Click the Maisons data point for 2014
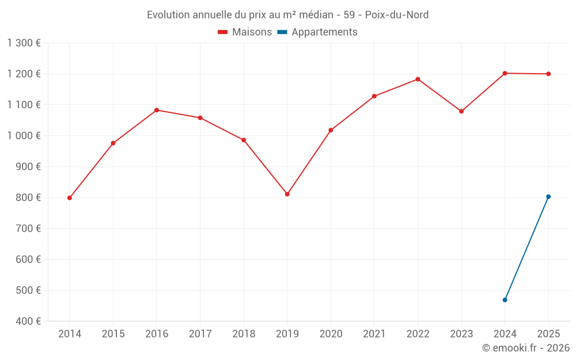(70, 198)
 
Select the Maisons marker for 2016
(157, 110)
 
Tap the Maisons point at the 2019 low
(287, 194)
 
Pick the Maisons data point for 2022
(418, 79)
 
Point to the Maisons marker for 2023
(461, 111)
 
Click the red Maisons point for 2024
(505, 73)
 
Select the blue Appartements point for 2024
(505, 300)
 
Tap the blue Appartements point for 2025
(548, 196)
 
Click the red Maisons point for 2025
(548, 74)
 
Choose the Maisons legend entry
(245, 32)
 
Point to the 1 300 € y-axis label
(24, 43)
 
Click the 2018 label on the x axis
(244, 334)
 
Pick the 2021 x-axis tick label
(374, 334)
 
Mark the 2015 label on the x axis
(113, 334)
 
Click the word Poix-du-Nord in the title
(397, 15)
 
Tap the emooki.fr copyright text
(526, 348)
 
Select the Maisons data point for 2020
(331, 130)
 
